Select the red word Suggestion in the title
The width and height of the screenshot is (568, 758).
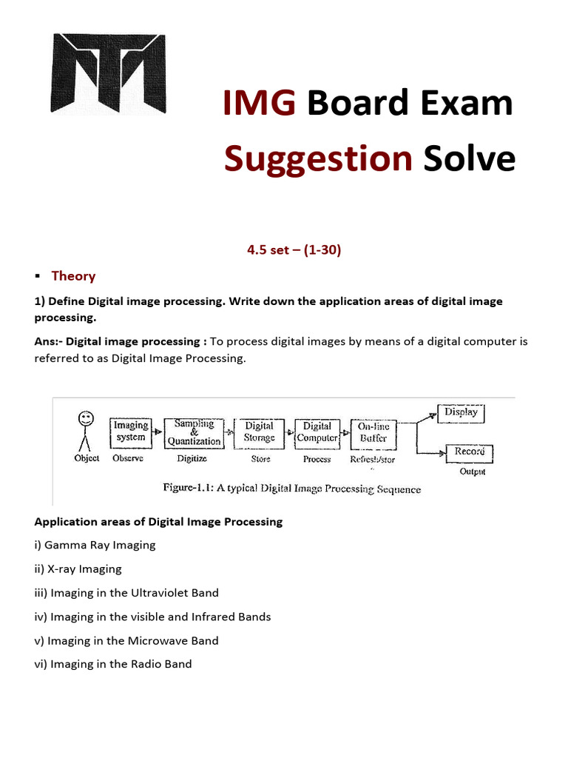click(318, 158)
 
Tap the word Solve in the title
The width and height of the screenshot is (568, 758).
click(469, 158)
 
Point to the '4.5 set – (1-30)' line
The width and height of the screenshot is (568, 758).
click(294, 249)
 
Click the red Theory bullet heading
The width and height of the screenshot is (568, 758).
click(73, 276)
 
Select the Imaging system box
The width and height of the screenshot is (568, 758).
click(131, 432)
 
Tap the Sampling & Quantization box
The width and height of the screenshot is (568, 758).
click(194, 432)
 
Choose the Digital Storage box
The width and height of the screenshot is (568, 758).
click(260, 432)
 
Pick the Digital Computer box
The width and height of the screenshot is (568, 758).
click(317, 432)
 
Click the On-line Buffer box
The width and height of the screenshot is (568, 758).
click(373, 432)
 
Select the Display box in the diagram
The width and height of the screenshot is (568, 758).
click(461, 412)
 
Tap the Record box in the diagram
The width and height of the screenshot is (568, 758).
click(469, 452)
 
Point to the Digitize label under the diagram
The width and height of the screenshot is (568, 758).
click(193, 459)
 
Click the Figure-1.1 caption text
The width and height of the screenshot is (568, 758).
click(291, 489)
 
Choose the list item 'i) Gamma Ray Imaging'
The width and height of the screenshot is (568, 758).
click(95, 545)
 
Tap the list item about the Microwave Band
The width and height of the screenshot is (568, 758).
click(126, 640)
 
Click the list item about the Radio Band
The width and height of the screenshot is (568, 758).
click(113, 664)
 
